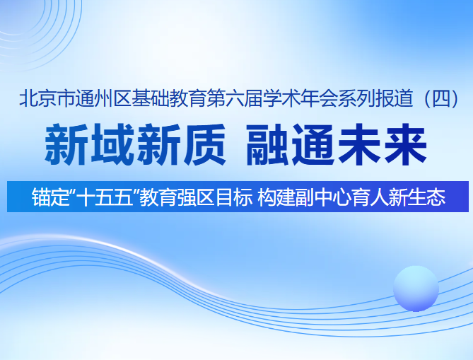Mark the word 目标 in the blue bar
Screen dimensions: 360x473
236,197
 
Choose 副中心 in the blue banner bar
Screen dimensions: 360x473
323,197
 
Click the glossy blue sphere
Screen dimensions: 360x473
416,289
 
